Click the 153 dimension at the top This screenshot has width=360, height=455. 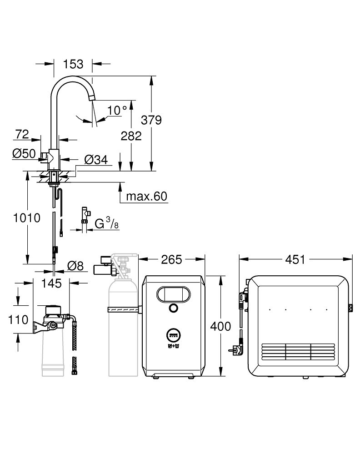73,64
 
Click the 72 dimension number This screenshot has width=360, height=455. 22,134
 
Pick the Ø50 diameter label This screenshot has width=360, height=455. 24,154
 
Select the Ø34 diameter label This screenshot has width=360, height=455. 95,159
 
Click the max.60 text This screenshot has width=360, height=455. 146,196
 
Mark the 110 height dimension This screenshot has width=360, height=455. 18,319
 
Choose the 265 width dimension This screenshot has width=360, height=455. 171,259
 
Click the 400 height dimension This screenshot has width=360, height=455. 221,326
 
